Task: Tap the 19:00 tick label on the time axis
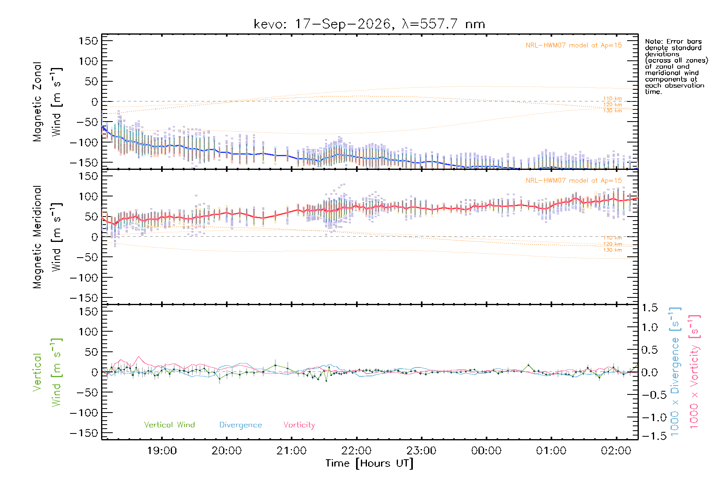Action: coord(162,451)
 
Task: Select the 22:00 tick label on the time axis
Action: coord(356,451)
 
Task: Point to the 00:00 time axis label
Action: coord(486,451)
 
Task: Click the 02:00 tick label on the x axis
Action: coord(616,451)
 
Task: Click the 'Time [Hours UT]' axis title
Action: coord(369,464)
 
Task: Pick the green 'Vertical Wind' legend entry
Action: coord(169,425)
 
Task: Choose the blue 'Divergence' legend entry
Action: coord(240,425)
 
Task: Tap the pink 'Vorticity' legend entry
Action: coord(299,425)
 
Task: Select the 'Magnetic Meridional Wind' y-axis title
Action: coord(47,237)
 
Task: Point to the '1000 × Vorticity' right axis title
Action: coord(694,372)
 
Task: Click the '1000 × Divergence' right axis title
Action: coord(675,372)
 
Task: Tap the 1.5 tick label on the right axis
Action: coord(649,308)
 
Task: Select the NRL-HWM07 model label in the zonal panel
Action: coord(574,45)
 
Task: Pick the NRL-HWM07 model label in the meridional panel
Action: coord(574,180)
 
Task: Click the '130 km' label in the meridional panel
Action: coord(612,250)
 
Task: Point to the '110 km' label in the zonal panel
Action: coord(612,99)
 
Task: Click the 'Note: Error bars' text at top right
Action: coord(673,41)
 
